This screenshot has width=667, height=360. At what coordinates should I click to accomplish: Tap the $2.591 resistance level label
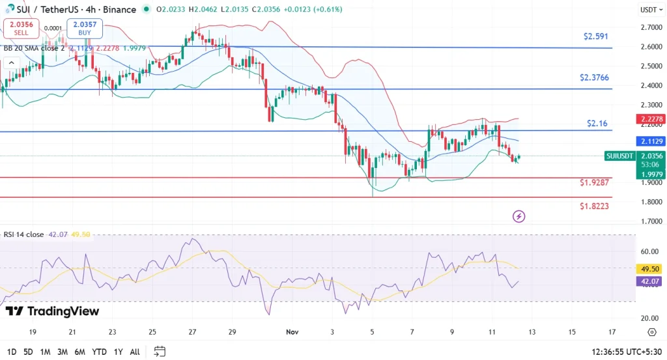point(596,36)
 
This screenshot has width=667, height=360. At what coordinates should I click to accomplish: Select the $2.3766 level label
point(595,77)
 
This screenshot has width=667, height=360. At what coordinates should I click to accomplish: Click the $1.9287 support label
point(595,182)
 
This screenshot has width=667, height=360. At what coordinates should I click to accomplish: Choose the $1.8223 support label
point(595,206)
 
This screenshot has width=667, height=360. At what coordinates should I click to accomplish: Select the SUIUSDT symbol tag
point(619,156)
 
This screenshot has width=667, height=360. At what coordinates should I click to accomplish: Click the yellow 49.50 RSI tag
point(649,269)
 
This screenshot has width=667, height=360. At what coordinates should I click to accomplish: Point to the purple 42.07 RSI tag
point(649,281)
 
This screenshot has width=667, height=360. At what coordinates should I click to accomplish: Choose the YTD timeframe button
point(100,352)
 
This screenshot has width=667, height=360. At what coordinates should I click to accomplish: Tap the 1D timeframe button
point(10,352)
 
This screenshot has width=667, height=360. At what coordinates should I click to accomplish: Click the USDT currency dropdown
point(649,10)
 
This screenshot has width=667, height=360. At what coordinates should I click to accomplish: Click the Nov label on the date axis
point(292,331)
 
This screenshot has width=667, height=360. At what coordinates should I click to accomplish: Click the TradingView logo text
point(52,311)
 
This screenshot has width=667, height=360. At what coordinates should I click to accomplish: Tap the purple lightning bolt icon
point(519,216)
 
